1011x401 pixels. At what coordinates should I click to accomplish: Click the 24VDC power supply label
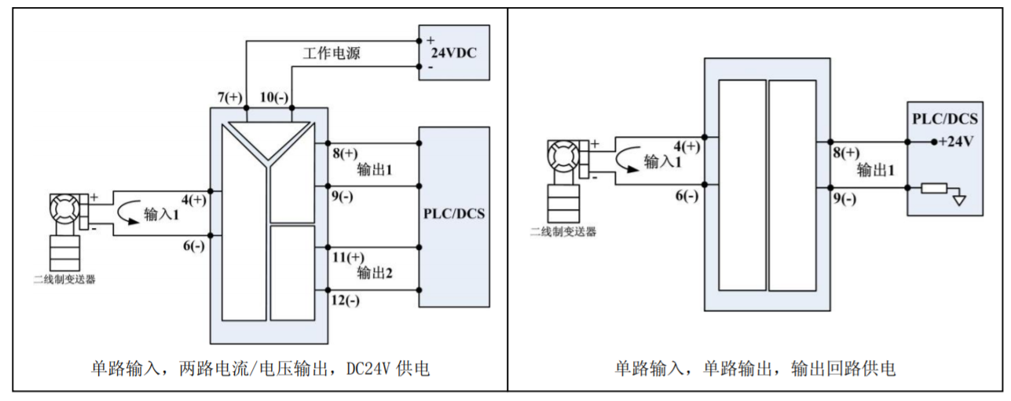(453, 54)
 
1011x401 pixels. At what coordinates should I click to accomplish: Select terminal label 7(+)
(231, 97)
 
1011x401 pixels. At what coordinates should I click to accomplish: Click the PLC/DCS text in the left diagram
(454, 214)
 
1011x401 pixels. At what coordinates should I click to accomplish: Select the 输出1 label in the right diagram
(875, 170)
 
